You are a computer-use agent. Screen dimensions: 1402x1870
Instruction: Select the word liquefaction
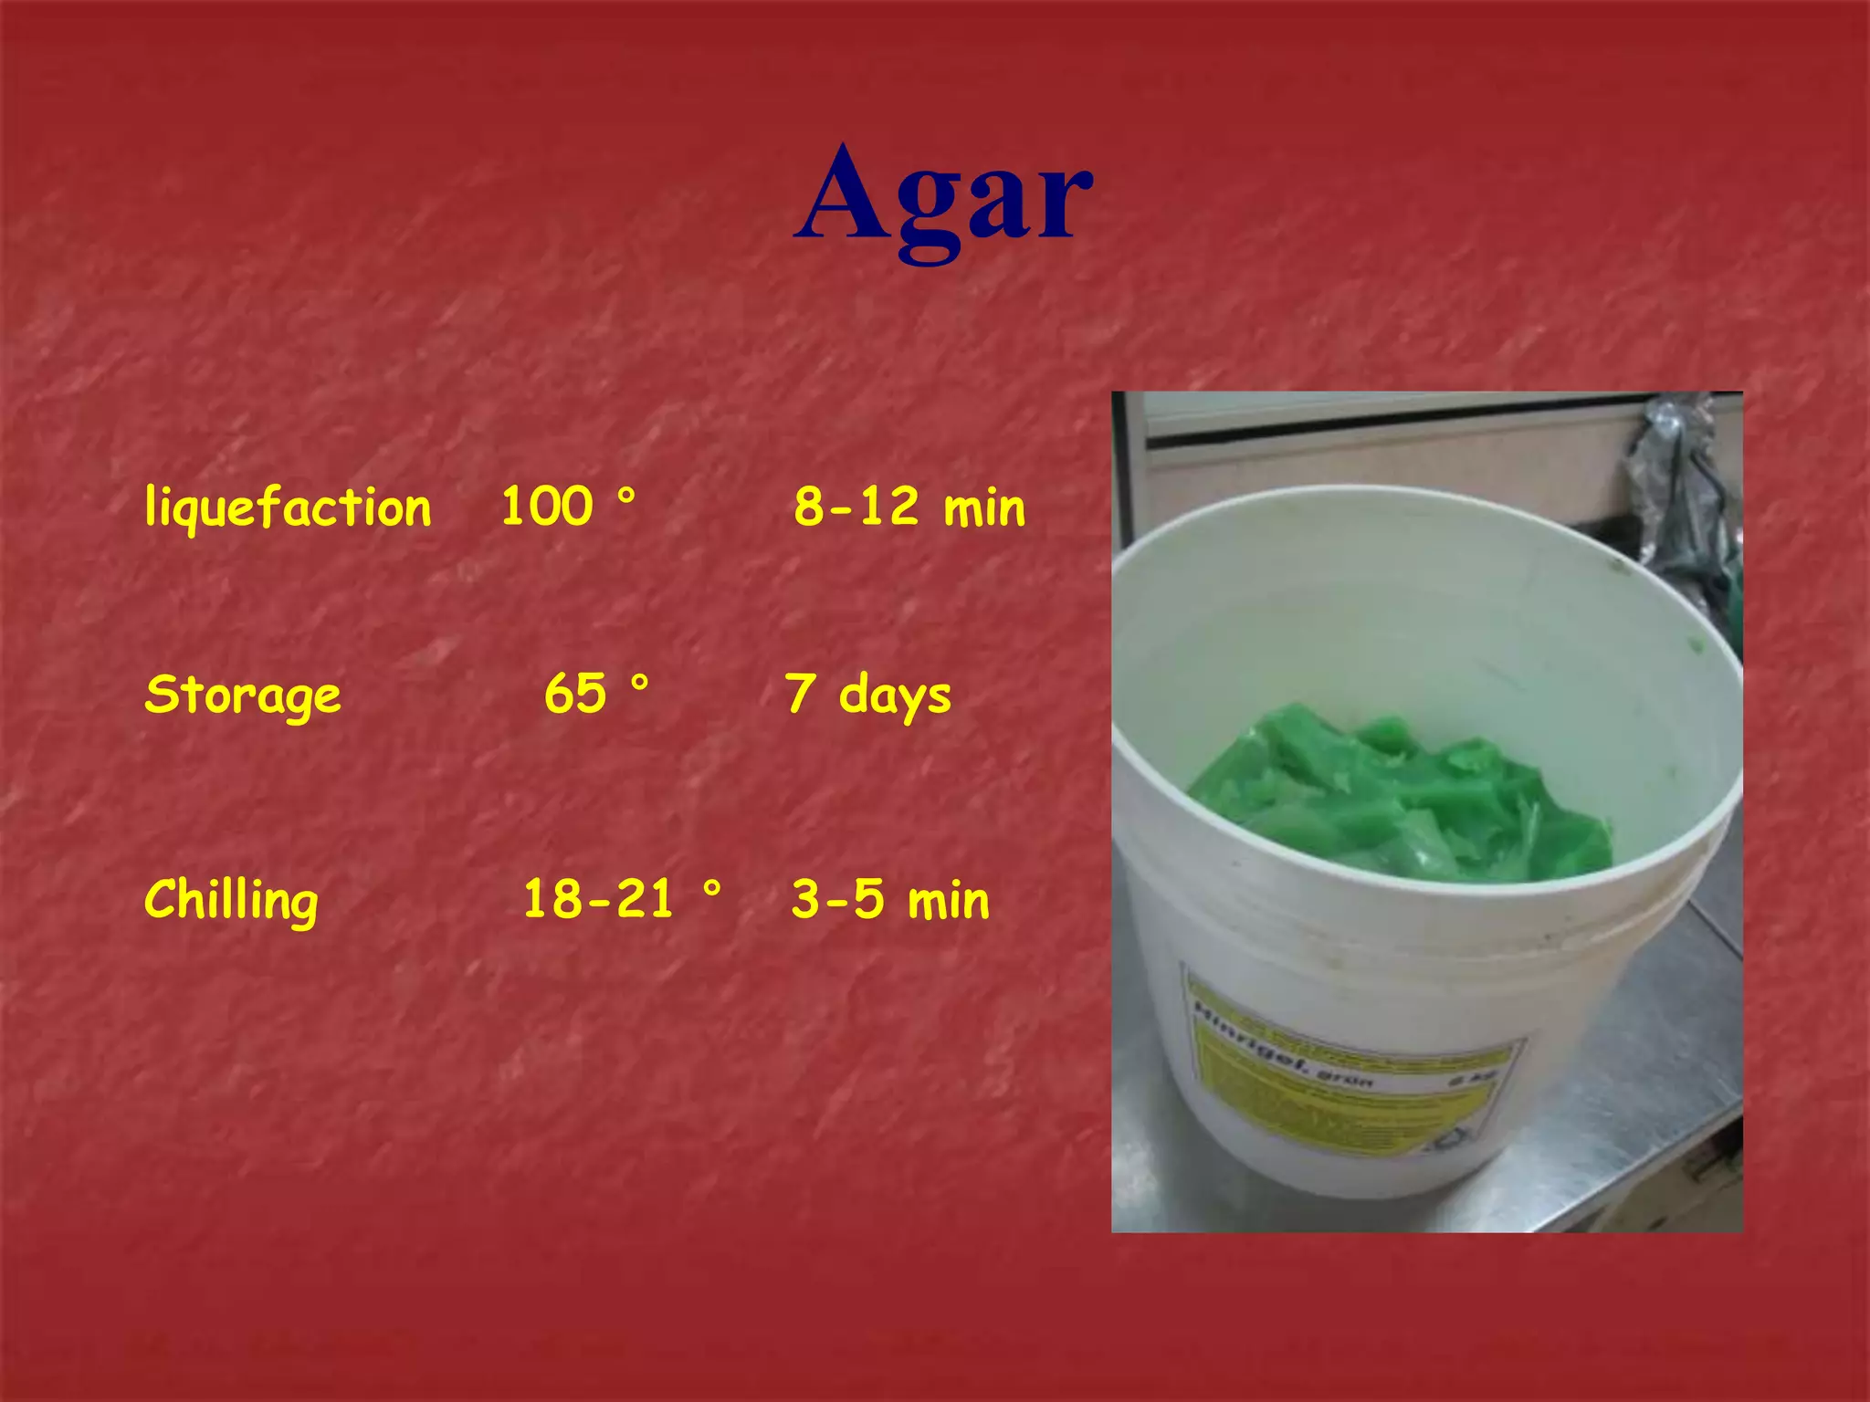point(288,507)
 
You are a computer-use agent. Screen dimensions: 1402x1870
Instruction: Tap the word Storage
point(243,696)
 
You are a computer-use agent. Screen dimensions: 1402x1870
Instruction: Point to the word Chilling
point(231,901)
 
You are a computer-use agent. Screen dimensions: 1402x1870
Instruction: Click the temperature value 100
point(547,506)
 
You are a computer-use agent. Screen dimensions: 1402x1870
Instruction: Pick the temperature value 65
point(575,694)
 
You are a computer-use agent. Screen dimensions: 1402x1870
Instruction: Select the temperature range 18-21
point(598,899)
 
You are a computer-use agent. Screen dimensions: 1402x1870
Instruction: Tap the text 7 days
point(867,696)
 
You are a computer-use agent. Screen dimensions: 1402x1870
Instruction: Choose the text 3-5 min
point(890,900)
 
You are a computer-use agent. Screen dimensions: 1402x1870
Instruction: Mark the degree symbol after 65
point(639,683)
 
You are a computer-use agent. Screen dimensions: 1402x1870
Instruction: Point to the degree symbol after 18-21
point(712,887)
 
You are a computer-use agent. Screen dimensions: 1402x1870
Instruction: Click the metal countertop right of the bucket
point(1680,1050)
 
